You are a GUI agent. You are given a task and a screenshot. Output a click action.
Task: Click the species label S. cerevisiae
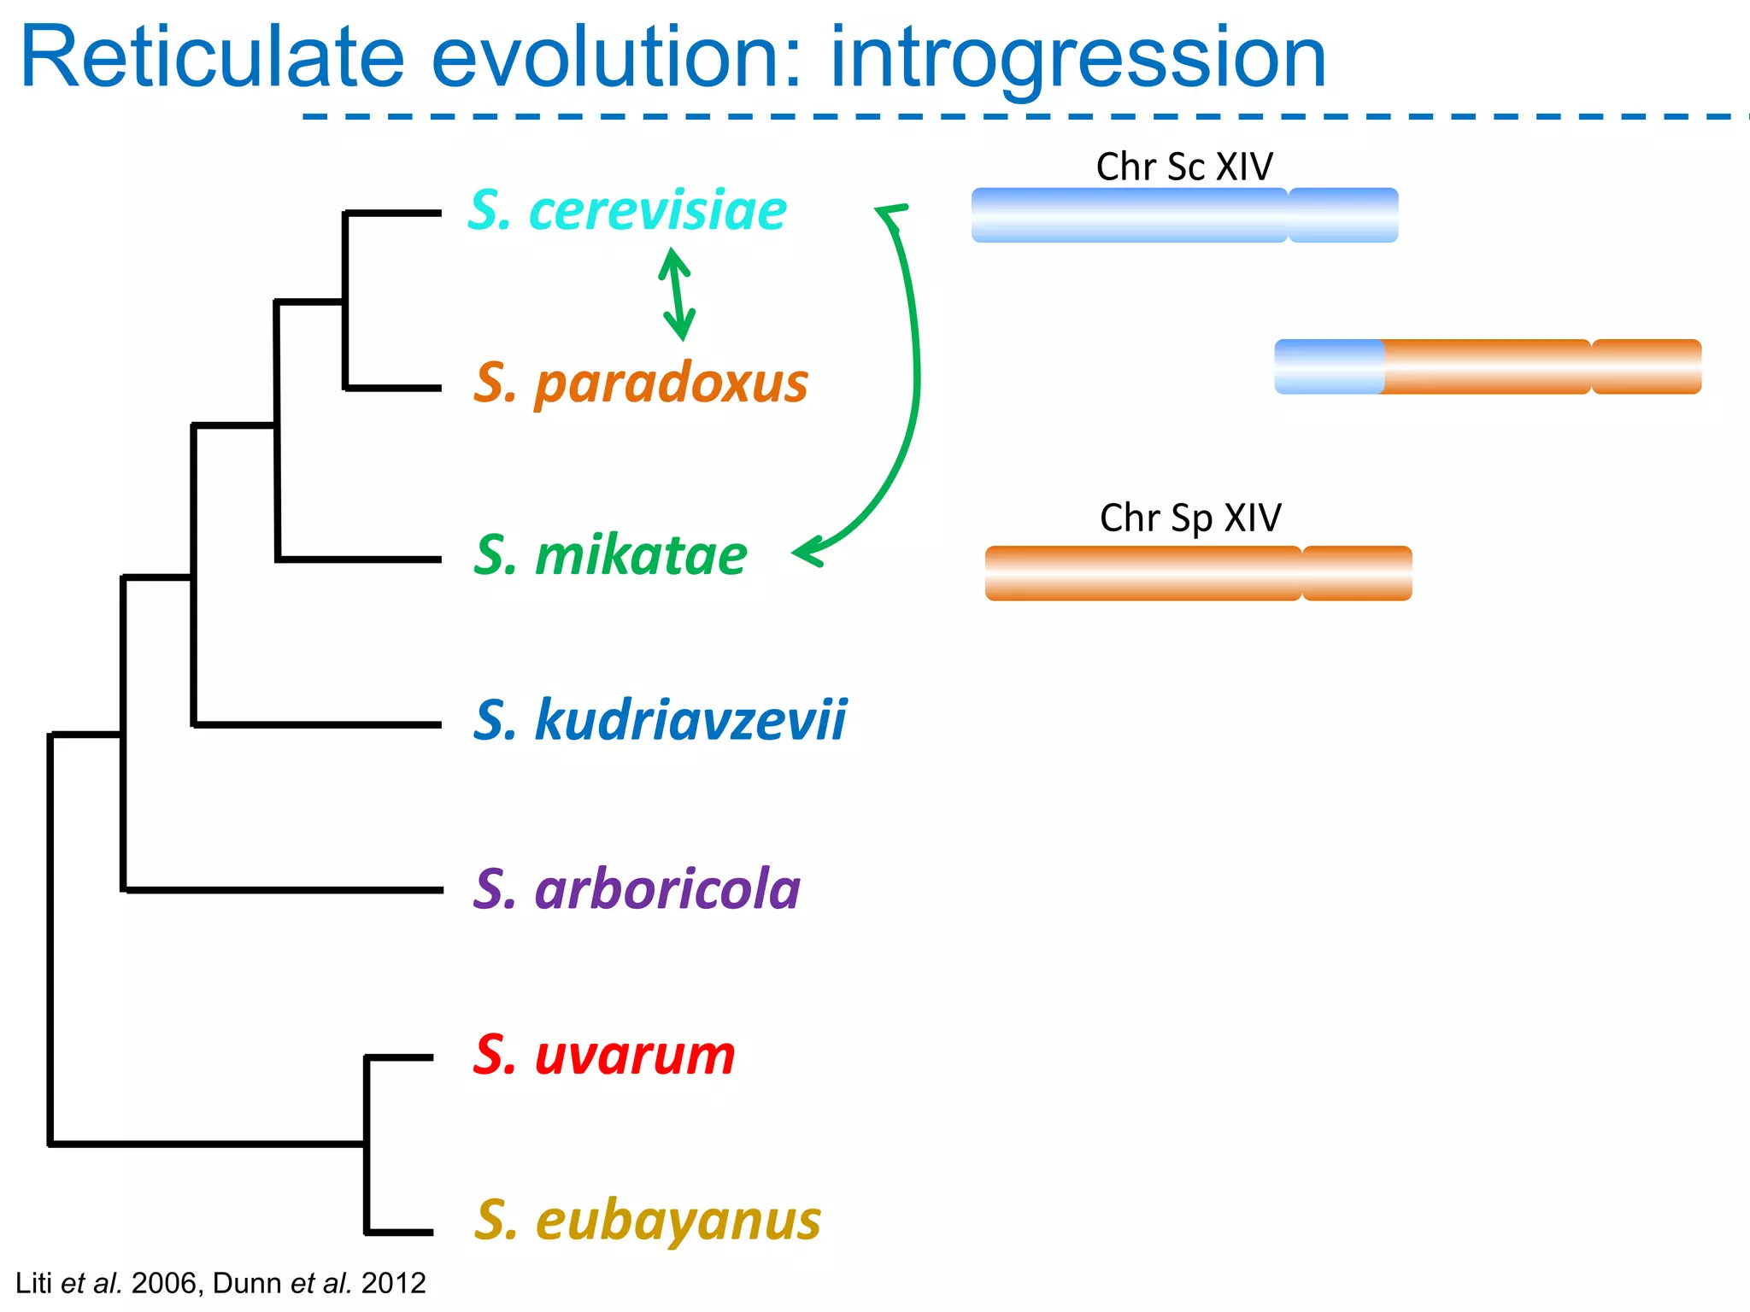point(627,210)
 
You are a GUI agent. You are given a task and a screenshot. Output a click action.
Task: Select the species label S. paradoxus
point(641,383)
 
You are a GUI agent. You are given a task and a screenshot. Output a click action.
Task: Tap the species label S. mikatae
point(610,555)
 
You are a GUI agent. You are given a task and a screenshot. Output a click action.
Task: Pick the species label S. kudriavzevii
point(660,719)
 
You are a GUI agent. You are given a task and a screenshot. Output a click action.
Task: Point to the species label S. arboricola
point(637,889)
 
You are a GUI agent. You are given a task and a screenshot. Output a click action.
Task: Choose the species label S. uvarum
point(604,1055)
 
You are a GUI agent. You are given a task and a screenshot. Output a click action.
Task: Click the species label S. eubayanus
point(647,1221)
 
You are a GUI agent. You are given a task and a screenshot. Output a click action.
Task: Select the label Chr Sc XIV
point(1184,167)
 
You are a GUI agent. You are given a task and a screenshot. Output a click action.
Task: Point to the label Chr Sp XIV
point(1190,518)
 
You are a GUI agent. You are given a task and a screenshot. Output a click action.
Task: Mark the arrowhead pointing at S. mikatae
point(807,552)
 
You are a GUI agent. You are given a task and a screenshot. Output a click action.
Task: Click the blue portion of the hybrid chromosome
point(1329,366)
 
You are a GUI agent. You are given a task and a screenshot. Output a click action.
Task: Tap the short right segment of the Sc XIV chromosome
point(1343,215)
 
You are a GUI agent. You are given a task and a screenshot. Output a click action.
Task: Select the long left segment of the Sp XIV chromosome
point(1142,573)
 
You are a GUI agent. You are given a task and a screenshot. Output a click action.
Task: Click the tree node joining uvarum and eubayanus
point(367,1144)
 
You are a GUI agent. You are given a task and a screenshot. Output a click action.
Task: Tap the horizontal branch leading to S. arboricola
point(282,890)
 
